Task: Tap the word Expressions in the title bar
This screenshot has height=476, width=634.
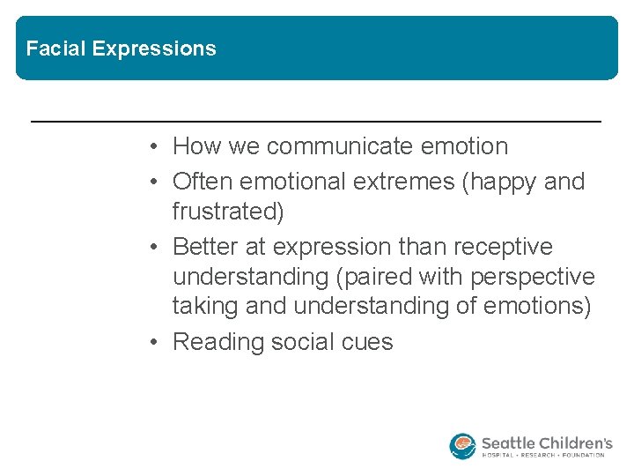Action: click(154, 49)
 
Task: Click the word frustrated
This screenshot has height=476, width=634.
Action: click(228, 212)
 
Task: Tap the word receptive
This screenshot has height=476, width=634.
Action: click(503, 247)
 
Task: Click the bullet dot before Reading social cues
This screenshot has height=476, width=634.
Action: click(154, 342)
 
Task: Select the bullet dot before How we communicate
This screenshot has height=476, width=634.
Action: click(154, 146)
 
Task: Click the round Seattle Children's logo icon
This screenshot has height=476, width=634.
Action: click(462, 446)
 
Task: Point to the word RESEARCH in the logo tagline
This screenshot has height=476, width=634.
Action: click(544, 456)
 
